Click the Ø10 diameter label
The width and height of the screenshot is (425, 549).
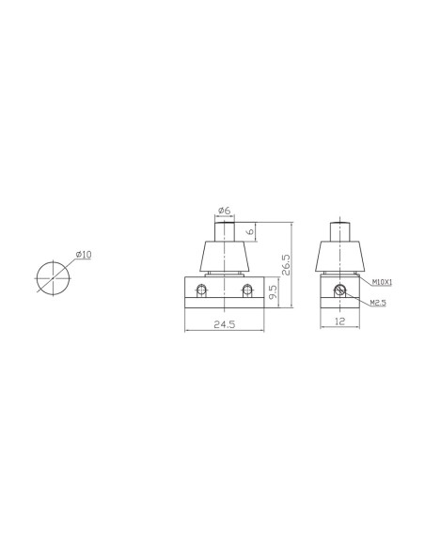click(83, 255)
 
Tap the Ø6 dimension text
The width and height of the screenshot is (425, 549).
click(225, 210)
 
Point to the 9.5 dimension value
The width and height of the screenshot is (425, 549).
click(271, 292)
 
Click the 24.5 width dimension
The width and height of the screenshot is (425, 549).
click(225, 324)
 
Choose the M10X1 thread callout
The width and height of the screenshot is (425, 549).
click(382, 281)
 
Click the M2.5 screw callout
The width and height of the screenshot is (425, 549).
click(379, 303)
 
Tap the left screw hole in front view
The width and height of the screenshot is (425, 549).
click(201, 288)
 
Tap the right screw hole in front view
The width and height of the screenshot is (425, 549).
click(247, 288)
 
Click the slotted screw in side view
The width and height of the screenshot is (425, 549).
click(342, 288)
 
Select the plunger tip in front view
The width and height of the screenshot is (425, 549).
click(225, 229)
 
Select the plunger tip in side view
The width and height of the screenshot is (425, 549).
click(339, 229)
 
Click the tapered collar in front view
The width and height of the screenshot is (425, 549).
click(225, 256)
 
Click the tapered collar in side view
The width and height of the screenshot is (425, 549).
click(339, 256)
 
